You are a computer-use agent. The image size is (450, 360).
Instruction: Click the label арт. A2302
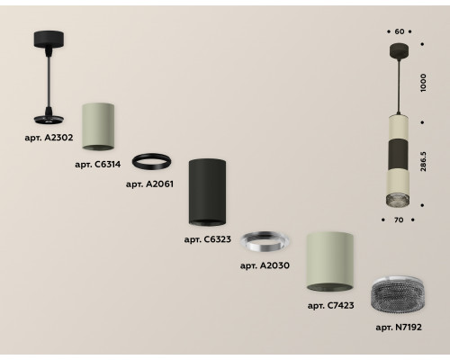pyautogui.click(x=49, y=138)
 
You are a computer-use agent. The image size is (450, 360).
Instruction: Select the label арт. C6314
pyautogui.click(x=98, y=165)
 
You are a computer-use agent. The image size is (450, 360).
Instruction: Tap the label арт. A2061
pyautogui.click(x=149, y=184)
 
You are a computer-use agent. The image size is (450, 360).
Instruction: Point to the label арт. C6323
pyautogui.click(x=208, y=239)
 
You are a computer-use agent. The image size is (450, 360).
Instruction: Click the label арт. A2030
pyautogui.click(x=265, y=265)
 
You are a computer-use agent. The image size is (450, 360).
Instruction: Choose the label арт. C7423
pyautogui.click(x=331, y=305)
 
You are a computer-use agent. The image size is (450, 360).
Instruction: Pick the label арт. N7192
pyautogui.click(x=399, y=327)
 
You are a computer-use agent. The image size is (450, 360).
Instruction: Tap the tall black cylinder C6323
pyautogui.click(x=207, y=192)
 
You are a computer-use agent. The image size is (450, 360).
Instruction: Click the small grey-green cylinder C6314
pyautogui.click(x=98, y=126)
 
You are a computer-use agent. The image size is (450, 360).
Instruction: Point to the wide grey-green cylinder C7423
pyautogui.click(x=329, y=262)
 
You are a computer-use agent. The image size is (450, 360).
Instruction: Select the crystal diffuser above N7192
pyautogui.click(x=398, y=295)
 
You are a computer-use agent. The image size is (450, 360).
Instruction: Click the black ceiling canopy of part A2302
pyautogui.click(x=49, y=39)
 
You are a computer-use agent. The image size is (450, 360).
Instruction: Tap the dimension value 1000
pyautogui.click(x=423, y=83)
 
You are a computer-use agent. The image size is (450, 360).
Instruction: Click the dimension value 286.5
pyautogui.click(x=423, y=161)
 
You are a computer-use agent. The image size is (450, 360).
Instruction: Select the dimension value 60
pyautogui.click(x=400, y=31)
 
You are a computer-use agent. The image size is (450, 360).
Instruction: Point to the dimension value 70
pyautogui.click(x=399, y=220)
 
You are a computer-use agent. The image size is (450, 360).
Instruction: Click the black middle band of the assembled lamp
pyautogui.click(x=399, y=154)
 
